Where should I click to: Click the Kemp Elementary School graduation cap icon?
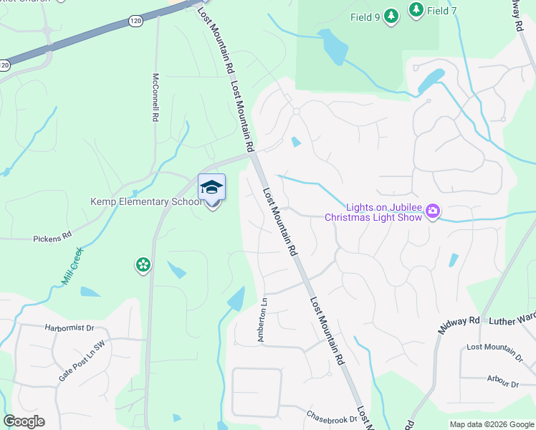211,188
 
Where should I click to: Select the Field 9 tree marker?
391,16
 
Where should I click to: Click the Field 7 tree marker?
415,9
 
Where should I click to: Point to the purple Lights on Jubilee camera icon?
432,211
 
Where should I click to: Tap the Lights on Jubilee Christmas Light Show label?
373,212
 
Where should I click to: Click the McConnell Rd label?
155,97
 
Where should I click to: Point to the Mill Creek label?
72,267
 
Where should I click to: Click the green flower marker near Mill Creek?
143,265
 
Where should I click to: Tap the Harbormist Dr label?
70,328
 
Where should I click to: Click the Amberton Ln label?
262,319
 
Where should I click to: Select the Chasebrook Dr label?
331,416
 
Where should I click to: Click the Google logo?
24,421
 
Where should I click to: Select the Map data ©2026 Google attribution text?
492,424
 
